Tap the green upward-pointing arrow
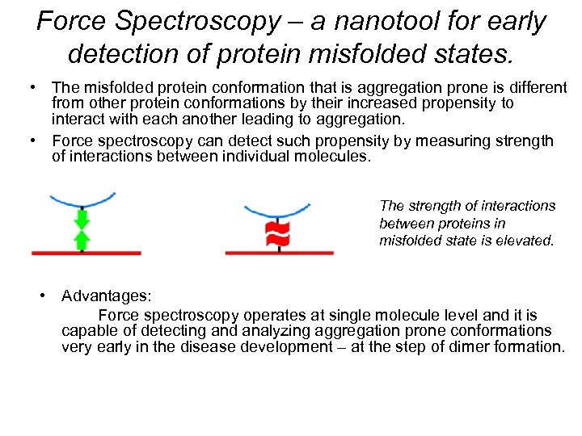pos(81,240)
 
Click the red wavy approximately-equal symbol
pos(278,235)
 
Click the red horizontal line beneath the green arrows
pos(86,253)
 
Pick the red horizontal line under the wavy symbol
pos(279,253)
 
